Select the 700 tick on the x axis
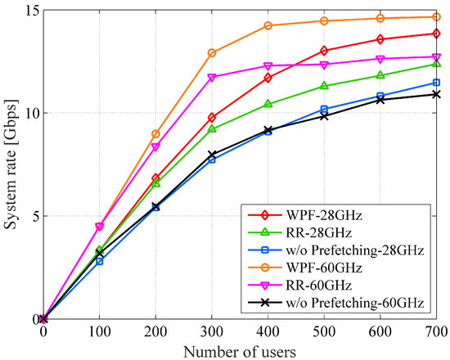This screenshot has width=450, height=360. (436, 332)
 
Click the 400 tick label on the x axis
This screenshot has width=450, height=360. (268, 332)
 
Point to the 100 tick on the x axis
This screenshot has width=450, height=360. (100, 332)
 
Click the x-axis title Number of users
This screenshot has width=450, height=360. (240, 349)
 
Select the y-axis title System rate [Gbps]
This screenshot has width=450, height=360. (10, 164)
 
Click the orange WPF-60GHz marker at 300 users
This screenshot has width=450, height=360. (212, 53)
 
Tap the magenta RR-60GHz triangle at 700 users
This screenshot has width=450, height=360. (436, 57)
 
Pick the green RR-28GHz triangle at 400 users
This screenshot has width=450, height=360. (268, 104)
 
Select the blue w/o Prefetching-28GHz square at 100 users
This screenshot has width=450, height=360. (100, 261)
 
